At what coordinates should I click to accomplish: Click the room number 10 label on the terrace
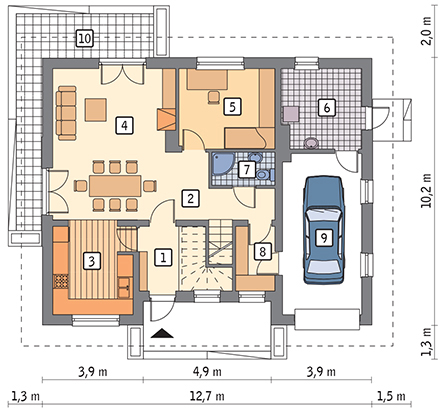(85, 38)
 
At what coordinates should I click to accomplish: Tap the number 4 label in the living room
(124, 126)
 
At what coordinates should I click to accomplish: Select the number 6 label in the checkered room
(327, 107)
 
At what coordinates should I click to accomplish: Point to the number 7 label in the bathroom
(247, 170)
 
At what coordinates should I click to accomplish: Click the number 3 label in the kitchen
(92, 261)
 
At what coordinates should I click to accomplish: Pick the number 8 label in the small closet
(263, 251)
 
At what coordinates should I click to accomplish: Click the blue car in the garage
(323, 230)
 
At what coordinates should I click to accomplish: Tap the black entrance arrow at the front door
(162, 333)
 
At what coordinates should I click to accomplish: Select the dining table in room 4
(115, 186)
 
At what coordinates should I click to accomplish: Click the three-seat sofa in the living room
(66, 113)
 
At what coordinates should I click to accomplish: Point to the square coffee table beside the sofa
(96, 109)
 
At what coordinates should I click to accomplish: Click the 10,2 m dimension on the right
(426, 191)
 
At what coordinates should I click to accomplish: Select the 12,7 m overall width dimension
(207, 396)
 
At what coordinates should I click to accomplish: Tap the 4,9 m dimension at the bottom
(207, 371)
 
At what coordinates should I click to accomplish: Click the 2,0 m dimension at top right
(426, 30)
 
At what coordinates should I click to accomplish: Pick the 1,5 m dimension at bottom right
(391, 396)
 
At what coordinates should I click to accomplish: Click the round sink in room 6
(311, 143)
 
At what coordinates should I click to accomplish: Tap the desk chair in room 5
(213, 97)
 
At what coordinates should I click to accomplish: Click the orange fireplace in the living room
(166, 119)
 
